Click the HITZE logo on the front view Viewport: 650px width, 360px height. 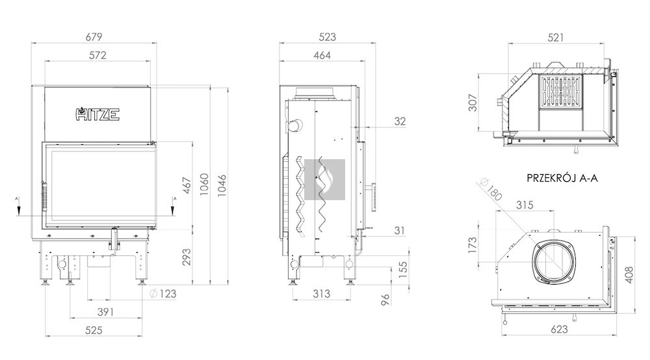(98, 114)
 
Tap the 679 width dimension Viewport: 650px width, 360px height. (94, 37)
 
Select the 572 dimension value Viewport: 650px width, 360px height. (98, 55)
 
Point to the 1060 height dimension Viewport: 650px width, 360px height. (204, 185)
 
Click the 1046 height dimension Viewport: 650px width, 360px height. (222, 185)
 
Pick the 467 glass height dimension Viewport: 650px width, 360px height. (187, 185)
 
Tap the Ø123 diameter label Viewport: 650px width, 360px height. (163, 294)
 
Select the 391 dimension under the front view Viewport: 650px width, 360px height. (105, 312)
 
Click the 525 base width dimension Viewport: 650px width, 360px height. (94, 330)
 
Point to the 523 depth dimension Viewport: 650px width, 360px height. (328, 37)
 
